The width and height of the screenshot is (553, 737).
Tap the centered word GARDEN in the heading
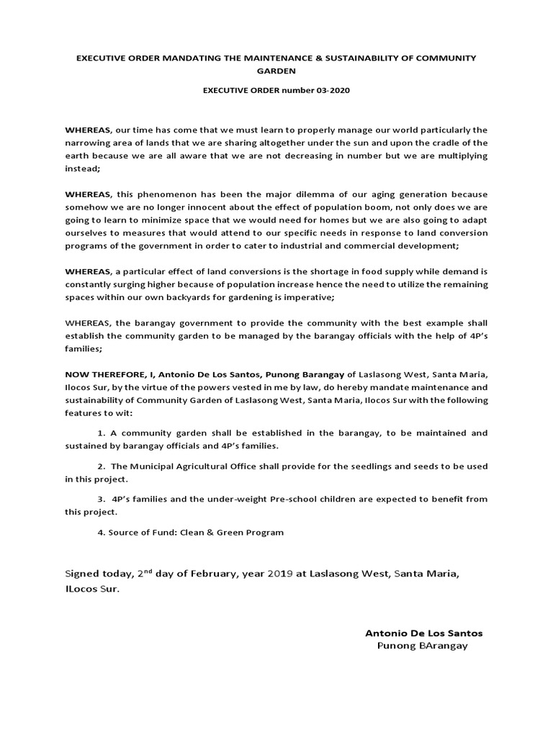pyautogui.click(x=276, y=71)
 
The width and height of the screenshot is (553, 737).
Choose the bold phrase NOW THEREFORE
pyautogui.click(x=104, y=374)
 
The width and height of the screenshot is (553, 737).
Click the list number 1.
pyautogui.click(x=100, y=433)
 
